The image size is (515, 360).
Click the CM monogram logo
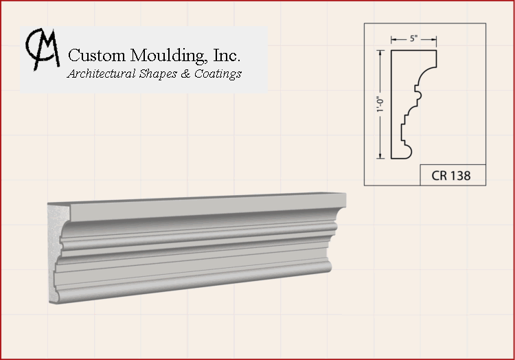(x=43, y=49)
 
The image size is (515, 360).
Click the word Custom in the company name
(x=97, y=55)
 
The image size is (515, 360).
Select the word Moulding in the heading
(x=168, y=56)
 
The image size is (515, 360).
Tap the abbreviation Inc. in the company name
(x=227, y=55)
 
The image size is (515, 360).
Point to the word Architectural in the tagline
(x=101, y=74)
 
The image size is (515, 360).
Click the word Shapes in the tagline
(x=159, y=74)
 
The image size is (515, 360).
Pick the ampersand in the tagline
(x=185, y=74)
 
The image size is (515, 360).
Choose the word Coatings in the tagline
(x=218, y=74)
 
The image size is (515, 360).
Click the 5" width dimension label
(x=414, y=38)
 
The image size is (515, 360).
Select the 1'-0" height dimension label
(x=380, y=104)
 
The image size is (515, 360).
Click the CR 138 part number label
(x=450, y=176)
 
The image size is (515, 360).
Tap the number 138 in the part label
(x=460, y=176)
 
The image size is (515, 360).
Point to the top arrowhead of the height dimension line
(x=380, y=53)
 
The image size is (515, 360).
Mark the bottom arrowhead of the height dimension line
(x=380, y=155)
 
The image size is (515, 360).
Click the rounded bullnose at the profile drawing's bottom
(x=407, y=152)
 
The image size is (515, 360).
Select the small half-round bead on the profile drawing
(x=419, y=95)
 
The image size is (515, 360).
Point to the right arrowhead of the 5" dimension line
(x=433, y=39)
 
